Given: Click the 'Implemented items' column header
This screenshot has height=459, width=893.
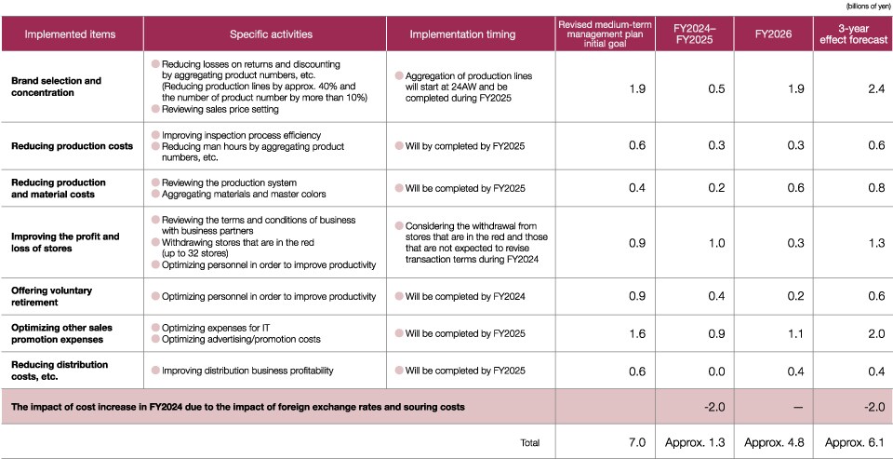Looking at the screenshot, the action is (70, 34).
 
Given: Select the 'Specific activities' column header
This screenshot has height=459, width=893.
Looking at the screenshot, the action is (271, 34).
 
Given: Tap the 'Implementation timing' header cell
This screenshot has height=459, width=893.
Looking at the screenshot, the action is (462, 34).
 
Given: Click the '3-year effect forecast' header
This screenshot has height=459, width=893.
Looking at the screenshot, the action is (853, 34).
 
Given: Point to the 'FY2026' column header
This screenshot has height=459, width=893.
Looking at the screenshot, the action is (773, 34).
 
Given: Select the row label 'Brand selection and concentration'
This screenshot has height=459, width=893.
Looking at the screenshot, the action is (57, 87).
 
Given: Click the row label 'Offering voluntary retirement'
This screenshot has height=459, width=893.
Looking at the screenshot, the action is (52, 296).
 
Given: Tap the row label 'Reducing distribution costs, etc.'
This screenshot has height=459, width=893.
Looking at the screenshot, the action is (60, 371).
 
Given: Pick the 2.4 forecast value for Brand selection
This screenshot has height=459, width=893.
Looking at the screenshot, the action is (877, 89).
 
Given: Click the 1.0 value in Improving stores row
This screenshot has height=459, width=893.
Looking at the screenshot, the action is (717, 243).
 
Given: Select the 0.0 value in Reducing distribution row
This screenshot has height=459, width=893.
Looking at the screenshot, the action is (717, 371).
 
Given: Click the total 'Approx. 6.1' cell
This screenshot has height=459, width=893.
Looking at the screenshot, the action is (855, 443).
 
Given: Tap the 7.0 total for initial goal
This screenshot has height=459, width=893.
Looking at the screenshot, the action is (637, 443).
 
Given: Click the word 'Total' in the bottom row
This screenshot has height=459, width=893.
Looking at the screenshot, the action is (529, 442).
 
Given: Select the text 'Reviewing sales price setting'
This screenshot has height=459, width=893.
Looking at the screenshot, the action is (220, 110).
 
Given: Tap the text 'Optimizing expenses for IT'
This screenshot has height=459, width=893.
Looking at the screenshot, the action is (216, 328).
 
